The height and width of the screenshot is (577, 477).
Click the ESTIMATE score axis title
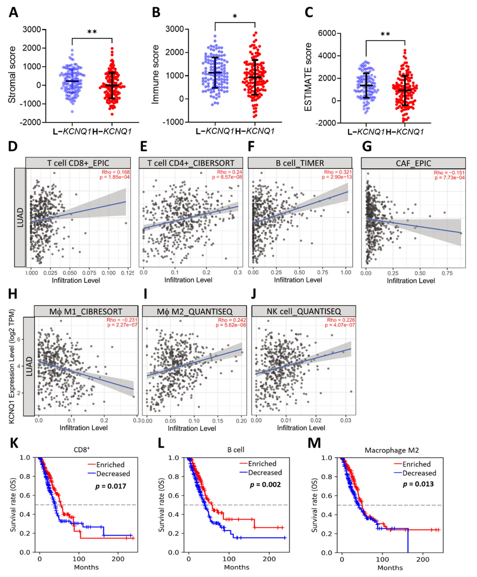click(x=309, y=77)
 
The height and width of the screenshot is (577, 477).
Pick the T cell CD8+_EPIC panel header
click(x=78, y=163)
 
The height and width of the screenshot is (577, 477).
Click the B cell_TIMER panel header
click(x=300, y=163)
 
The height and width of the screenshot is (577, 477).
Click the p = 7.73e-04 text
click(x=450, y=178)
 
